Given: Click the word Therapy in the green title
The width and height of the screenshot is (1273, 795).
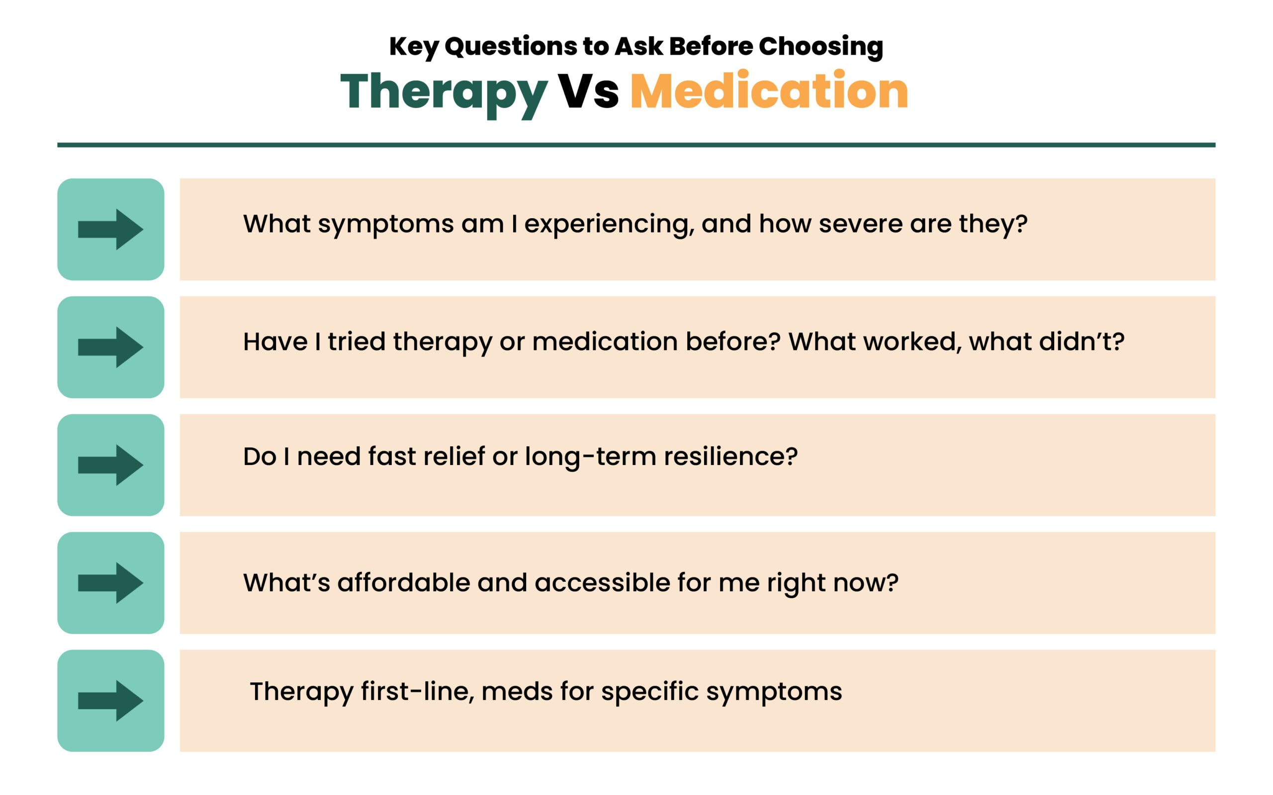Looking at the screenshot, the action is (444, 93).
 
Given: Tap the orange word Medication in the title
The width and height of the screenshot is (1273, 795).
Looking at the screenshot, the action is (769, 90).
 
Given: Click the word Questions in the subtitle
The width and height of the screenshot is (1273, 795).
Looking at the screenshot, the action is (511, 47).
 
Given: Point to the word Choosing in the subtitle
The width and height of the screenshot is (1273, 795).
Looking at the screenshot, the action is (820, 47).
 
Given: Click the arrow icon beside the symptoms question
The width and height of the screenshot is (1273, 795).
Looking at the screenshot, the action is (110, 229).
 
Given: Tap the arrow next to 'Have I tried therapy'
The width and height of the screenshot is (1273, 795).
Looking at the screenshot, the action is (110, 347).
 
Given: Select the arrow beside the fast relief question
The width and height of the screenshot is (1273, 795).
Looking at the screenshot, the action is (110, 465).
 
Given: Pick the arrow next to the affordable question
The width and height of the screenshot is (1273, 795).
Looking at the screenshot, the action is (110, 582).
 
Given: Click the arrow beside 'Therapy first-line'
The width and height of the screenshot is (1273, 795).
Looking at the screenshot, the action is (110, 701).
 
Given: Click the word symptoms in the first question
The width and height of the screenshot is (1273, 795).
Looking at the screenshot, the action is (385, 225).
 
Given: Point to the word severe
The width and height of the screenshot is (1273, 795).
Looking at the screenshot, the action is (861, 224).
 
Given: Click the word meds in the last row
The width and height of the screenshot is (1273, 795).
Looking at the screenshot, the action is (517, 692).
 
